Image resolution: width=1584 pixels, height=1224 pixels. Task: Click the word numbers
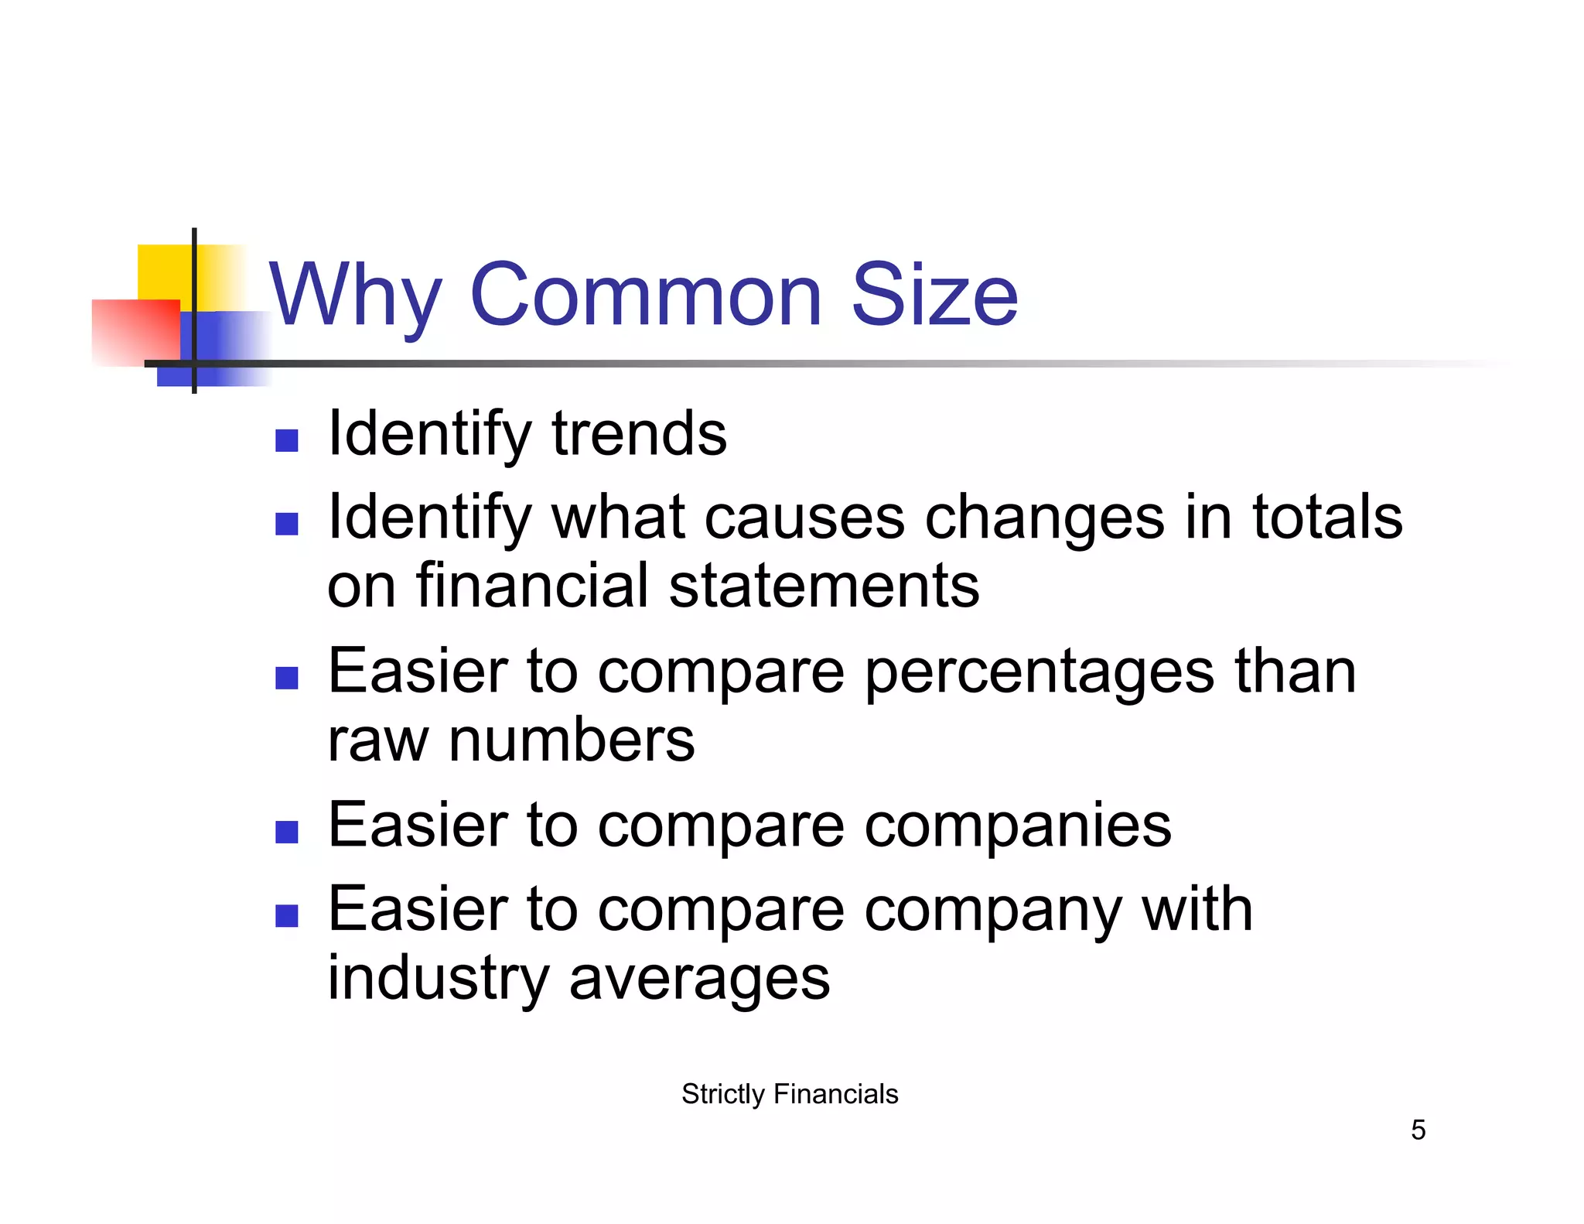(572, 740)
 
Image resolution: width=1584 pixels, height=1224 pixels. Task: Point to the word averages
(699, 979)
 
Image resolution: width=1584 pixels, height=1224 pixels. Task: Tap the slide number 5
(1418, 1130)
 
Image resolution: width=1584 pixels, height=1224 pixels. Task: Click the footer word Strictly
(722, 1094)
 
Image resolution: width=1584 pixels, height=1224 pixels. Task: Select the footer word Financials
(835, 1094)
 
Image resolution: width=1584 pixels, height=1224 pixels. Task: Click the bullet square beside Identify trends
(287, 441)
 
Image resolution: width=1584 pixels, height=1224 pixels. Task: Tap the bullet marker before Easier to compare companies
(287, 833)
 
